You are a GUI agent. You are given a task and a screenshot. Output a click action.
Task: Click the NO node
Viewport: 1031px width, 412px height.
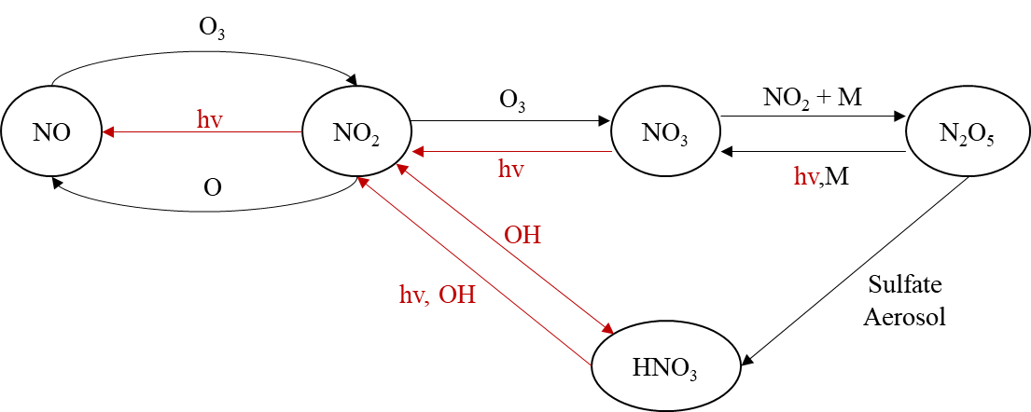coord(51,131)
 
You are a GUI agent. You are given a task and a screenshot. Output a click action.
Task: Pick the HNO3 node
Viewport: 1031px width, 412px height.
coord(665,366)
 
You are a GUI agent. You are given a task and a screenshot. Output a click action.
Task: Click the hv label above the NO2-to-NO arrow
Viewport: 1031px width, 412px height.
coord(209,119)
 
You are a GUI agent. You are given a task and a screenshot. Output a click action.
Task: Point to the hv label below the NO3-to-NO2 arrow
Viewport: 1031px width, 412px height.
coord(510,170)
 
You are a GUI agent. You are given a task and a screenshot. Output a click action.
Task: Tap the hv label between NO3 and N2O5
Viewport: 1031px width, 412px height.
coord(806,177)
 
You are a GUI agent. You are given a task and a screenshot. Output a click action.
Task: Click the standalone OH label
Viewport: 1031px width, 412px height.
coord(522,235)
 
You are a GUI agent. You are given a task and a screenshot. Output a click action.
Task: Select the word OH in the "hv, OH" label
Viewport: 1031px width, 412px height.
coord(457,295)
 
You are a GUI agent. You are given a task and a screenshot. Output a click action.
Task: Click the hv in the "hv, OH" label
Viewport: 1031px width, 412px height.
coord(411,295)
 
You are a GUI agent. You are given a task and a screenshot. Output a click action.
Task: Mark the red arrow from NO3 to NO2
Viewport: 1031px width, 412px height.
coord(513,151)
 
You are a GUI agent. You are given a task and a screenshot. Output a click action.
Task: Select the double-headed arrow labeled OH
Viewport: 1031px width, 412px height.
coord(504,249)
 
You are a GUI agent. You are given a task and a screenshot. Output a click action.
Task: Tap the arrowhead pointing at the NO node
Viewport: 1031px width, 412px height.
coord(108,132)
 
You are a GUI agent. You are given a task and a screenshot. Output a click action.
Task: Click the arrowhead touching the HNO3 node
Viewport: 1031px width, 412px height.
coord(607,330)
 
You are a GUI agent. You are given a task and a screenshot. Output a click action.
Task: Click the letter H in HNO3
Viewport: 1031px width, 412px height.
coord(640,366)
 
